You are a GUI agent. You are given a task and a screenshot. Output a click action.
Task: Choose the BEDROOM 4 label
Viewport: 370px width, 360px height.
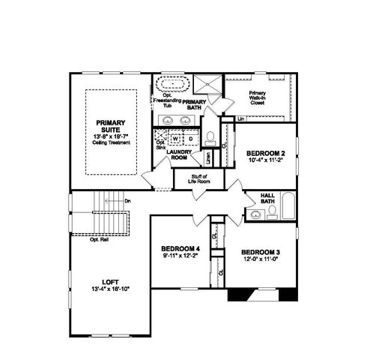coord(181,248)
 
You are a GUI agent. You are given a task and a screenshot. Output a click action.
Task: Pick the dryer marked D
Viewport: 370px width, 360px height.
coord(190,138)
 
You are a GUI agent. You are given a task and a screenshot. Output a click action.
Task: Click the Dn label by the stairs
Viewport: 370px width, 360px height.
coord(127,200)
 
